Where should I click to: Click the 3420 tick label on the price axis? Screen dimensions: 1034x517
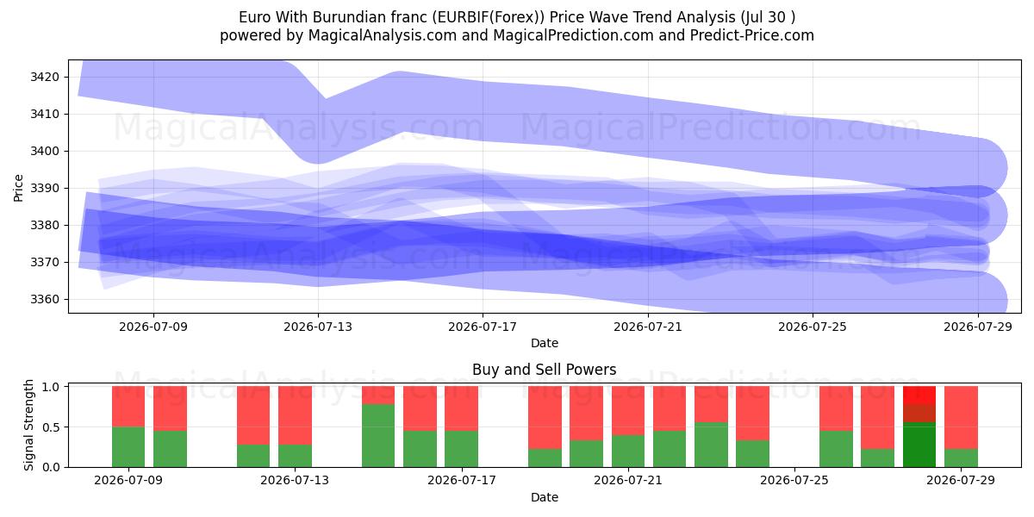(45, 77)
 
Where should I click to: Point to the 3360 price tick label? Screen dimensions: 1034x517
(45, 300)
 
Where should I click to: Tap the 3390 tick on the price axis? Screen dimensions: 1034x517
(45, 189)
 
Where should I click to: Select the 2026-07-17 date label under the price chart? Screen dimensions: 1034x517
(483, 327)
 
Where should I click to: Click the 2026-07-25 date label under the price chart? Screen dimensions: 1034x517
(813, 327)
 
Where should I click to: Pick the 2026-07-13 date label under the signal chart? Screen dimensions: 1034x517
(295, 481)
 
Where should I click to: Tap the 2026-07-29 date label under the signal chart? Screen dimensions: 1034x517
(961, 481)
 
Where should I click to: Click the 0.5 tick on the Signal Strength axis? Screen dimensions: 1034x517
(51, 427)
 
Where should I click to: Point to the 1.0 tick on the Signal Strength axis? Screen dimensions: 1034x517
(51, 387)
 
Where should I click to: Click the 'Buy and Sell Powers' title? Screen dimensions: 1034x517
(545, 370)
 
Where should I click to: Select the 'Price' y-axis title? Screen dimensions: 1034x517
(18, 188)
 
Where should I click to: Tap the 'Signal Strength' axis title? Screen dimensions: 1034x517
(28, 425)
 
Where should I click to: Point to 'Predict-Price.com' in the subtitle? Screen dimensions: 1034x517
(752, 35)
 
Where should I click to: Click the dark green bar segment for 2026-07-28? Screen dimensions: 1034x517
(919, 445)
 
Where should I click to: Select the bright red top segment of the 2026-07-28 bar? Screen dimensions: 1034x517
(919, 396)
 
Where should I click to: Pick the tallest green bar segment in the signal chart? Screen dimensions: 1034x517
(378, 436)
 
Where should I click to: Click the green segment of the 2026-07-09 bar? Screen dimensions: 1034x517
(128, 447)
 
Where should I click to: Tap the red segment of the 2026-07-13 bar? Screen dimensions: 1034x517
(295, 415)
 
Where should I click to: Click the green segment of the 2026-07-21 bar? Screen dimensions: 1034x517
(628, 451)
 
